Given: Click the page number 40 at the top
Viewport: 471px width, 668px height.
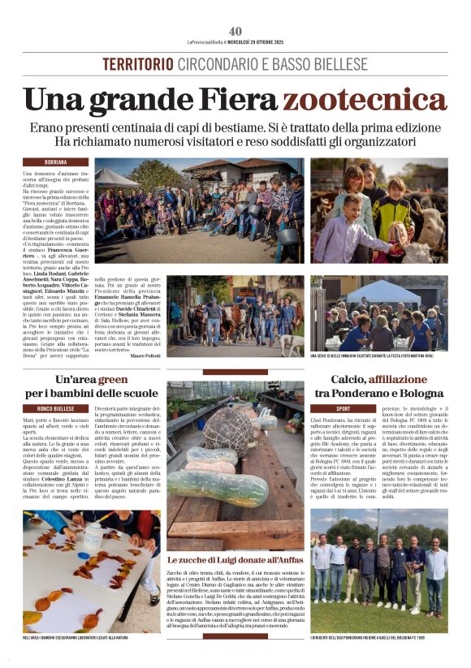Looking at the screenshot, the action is point(235,31).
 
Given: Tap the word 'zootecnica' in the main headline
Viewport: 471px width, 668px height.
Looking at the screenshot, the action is point(361,100).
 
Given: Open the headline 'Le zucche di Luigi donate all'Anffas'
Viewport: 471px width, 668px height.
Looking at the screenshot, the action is point(235,560).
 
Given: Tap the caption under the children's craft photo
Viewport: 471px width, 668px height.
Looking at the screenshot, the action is point(92,639).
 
